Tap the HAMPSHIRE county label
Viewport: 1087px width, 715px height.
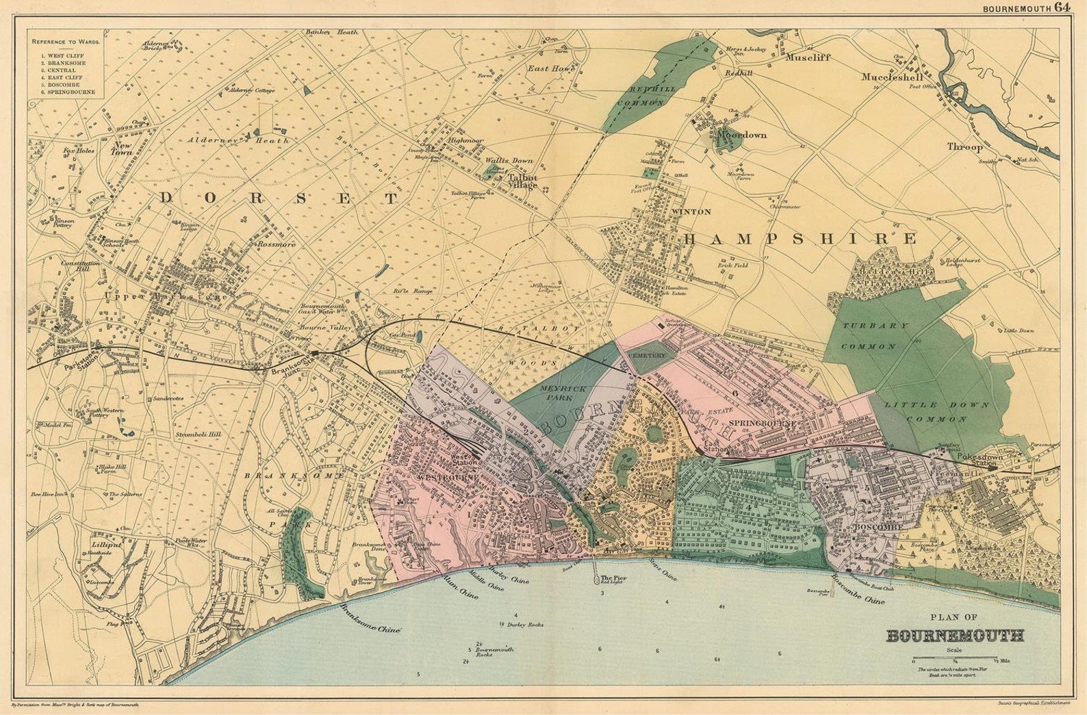800,239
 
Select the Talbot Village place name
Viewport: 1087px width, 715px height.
522,181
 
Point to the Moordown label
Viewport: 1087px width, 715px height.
741,135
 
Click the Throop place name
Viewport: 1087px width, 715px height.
964,146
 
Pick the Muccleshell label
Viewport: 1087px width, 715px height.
892,77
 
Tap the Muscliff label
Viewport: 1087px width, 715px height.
808,57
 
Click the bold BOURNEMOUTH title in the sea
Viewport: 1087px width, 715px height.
955,636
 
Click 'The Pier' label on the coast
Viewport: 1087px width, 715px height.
613,578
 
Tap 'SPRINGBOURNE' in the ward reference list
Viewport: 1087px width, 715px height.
71,92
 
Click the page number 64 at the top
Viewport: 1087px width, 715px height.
1062,8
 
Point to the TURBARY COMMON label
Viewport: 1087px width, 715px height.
874,335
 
